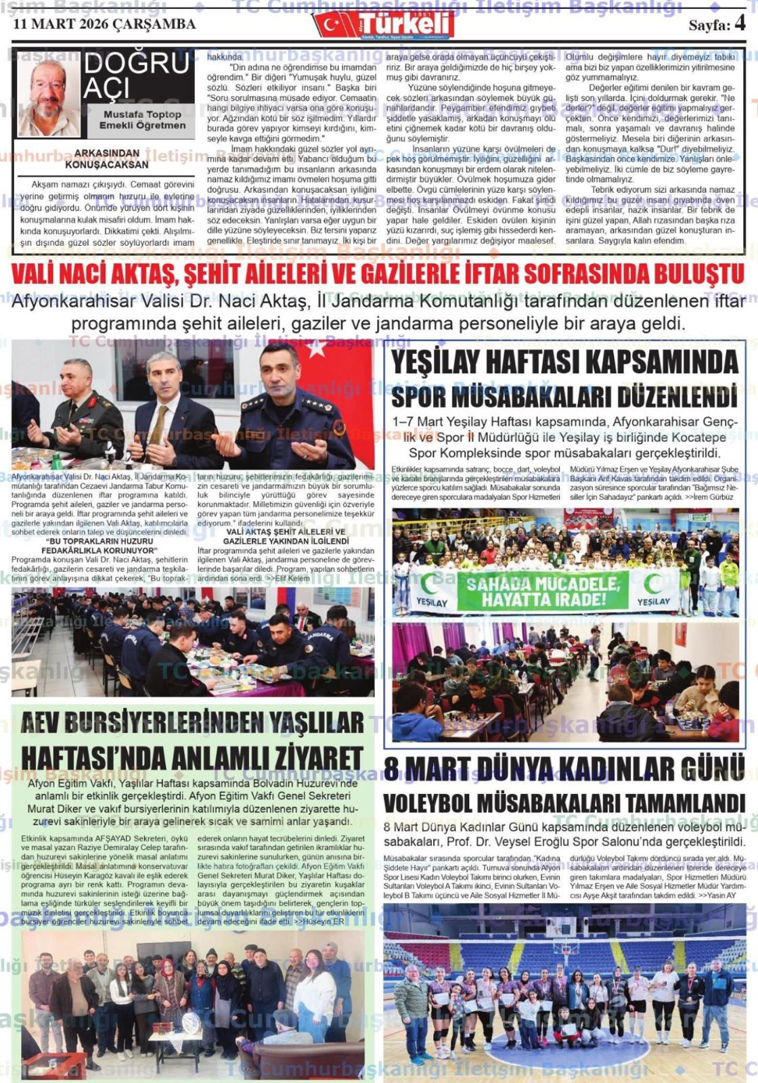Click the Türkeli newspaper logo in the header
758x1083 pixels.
(383, 24)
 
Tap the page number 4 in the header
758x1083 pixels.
(739, 23)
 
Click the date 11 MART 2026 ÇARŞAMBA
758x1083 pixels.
(104, 24)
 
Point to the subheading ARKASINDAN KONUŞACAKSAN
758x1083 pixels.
(106, 158)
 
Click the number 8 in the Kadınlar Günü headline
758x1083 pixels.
(392, 769)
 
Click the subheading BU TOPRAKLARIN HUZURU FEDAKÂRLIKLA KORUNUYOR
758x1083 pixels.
(99, 546)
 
